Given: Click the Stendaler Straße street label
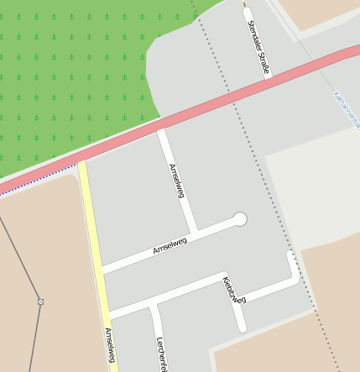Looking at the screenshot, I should point(258,47).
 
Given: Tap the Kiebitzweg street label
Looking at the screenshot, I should point(234,289).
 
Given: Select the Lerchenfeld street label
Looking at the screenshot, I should point(163,354).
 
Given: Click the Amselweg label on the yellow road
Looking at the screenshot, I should point(109,345).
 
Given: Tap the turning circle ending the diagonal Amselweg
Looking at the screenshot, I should point(240,219).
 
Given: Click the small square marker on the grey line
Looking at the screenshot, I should point(39,301).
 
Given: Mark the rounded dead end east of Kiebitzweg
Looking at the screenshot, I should point(290,255).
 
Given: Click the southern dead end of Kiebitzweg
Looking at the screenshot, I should point(242,327).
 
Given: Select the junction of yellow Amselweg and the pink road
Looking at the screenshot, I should point(82,163).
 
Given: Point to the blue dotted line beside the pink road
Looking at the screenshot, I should point(25,187).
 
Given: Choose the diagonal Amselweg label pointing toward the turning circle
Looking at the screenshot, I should point(170,245).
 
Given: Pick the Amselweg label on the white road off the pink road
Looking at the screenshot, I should point(176,181).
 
